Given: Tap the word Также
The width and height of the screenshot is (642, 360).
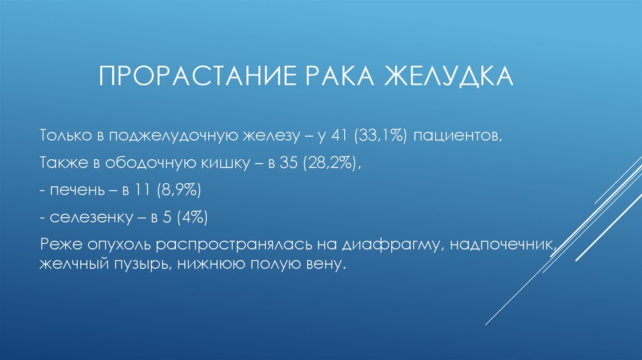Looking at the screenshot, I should pyautogui.click(x=60, y=162).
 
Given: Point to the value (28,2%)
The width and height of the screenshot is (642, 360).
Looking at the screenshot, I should pyautogui.click(x=330, y=163).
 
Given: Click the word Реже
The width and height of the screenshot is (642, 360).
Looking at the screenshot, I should pyautogui.click(x=59, y=245).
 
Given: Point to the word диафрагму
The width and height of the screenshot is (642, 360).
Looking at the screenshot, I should pyautogui.click(x=404, y=245).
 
